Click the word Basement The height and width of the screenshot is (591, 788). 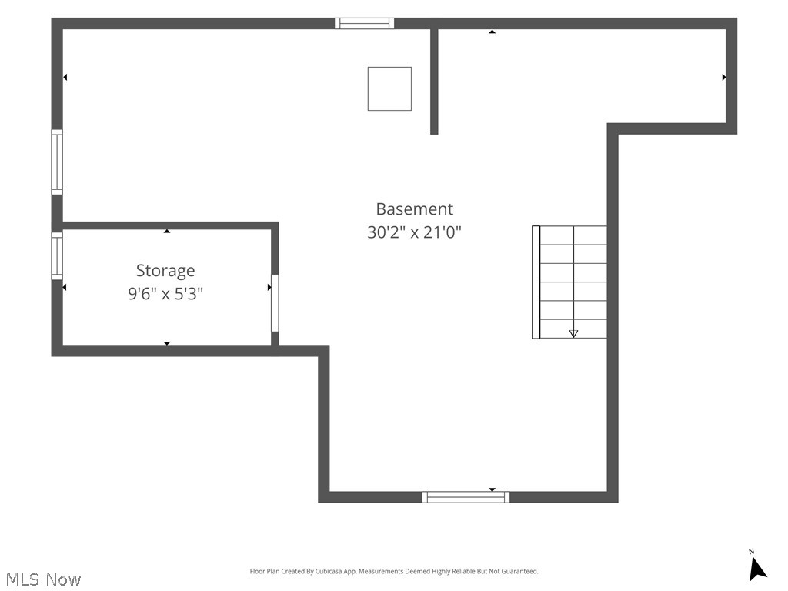(x=415, y=209)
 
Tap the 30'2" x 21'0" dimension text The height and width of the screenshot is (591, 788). (x=415, y=232)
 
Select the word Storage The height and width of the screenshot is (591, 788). (x=165, y=271)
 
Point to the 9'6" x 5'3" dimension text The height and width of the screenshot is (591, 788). (x=165, y=293)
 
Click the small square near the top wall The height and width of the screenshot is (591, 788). (x=389, y=89)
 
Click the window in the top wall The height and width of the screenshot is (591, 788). (x=364, y=23)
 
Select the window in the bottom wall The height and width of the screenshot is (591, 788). (x=466, y=497)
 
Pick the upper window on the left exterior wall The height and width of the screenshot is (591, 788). (x=57, y=162)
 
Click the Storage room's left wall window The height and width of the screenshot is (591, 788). (x=57, y=255)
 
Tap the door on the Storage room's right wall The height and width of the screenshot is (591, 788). (x=275, y=303)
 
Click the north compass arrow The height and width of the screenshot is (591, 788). (x=757, y=569)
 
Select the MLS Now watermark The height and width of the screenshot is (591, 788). (x=43, y=579)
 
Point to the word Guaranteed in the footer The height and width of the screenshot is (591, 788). (x=519, y=572)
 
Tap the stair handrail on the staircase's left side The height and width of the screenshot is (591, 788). (x=536, y=282)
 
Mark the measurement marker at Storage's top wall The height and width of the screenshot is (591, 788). (x=167, y=231)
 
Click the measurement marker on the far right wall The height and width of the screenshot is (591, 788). (x=723, y=78)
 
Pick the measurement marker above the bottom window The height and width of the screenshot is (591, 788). (x=492, y=489)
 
